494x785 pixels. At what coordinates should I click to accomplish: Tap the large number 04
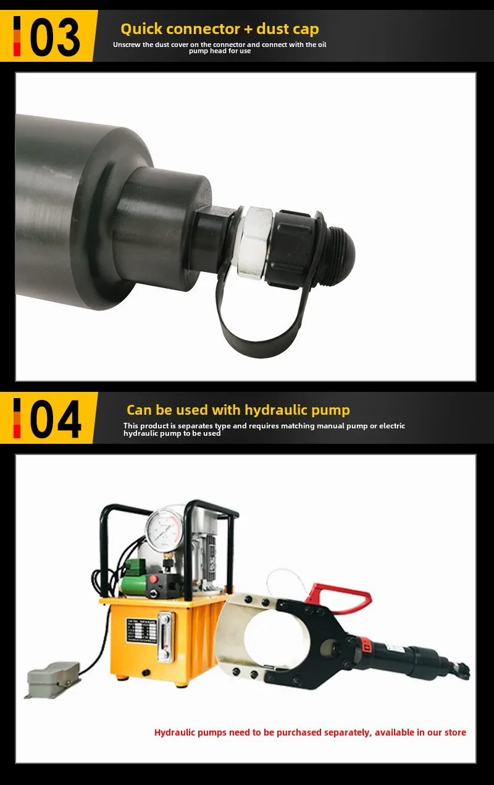point(56,419)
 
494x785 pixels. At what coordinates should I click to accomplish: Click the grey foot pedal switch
point(52,678)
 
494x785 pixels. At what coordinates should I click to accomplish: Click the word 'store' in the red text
point(455,732)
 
